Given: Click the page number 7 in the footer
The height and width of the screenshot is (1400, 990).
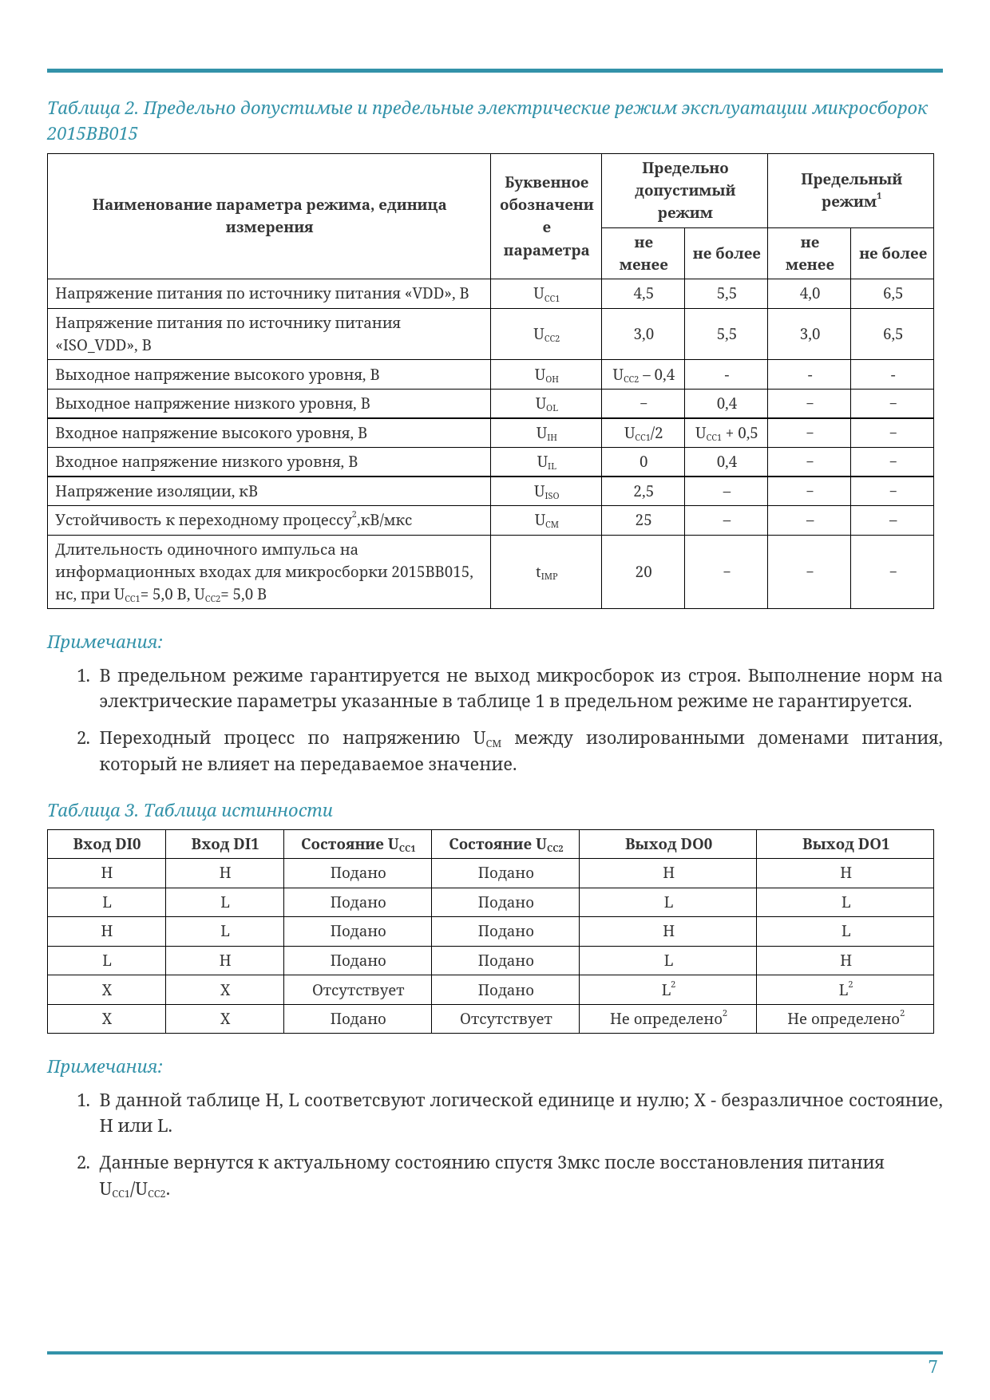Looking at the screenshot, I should click(x=933, y=1366).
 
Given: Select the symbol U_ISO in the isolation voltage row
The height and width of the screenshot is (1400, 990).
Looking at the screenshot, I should click(x=546, y=492).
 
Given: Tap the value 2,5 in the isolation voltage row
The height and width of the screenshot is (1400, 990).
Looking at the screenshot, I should click(x=643, y=492).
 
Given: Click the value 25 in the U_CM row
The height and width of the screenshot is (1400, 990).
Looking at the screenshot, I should click(x=643, y=520).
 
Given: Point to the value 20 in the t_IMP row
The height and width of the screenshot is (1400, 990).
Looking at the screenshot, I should click(x=643, y=571).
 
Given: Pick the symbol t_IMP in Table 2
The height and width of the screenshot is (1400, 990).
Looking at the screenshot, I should click(x=546, y=573).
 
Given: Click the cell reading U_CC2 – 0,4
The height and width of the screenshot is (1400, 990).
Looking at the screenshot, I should click(x=643, y=375).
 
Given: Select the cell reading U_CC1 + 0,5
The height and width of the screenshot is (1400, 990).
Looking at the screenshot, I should click(x=727, y=433).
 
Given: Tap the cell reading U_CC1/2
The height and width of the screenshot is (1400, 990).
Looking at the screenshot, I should click(x=643, y=433).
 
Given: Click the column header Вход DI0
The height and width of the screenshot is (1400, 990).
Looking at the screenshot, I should click(x=107, y=844).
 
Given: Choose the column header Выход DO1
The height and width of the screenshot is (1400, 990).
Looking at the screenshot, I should click(x=845, y=844).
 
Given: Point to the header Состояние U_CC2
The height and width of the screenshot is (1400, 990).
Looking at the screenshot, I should click(x=506, y=844).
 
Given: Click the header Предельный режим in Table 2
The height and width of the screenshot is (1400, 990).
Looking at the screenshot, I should click(x=851, y=190).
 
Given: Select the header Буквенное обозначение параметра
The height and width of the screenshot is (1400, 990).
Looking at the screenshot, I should click(x=546, y=216).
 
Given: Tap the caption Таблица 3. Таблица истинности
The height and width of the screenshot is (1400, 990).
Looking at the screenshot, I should click(x=190, y=810).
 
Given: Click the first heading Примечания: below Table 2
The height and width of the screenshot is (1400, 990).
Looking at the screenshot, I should click(x=105, y=642).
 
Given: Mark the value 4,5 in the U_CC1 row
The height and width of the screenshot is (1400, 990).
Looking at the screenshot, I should click(x=643, y=294).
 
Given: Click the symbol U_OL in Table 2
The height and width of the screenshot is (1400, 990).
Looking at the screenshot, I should click(x=546, y=404).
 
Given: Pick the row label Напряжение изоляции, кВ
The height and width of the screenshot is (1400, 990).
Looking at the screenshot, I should click(x=156, y=492).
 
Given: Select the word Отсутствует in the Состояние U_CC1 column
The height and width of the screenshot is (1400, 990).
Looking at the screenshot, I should click(x=358, y=991).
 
